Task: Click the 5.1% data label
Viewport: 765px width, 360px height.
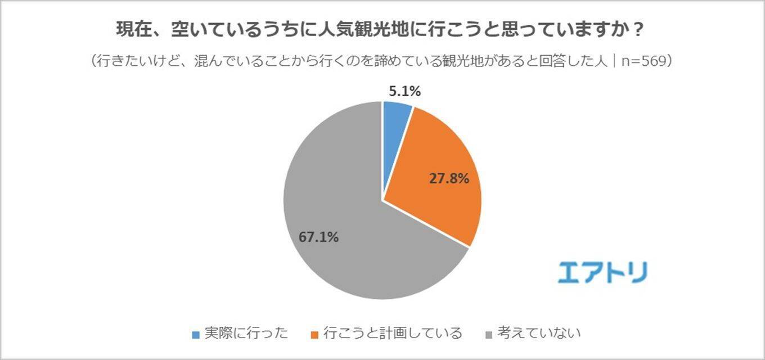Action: (404, 91)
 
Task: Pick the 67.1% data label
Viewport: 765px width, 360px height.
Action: (318, 237)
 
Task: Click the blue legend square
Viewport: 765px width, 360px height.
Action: (196, 335)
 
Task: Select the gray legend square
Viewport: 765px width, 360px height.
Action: (488, 335)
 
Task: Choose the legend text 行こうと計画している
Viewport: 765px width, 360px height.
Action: (388, 334)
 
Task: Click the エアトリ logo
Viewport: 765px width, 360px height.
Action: (602, 272)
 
